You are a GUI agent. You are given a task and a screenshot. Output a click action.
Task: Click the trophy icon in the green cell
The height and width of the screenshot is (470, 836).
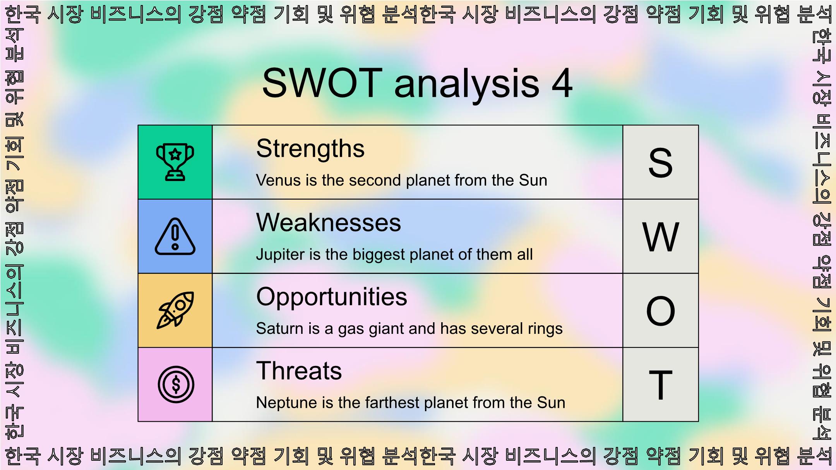(175, 162)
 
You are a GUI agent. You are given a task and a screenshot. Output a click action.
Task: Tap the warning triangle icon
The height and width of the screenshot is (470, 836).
(175, 236)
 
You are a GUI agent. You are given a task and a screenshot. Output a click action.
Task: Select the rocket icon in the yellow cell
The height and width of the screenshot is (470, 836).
(175, 310)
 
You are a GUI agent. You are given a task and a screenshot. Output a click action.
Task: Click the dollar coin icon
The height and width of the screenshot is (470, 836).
(176, 385)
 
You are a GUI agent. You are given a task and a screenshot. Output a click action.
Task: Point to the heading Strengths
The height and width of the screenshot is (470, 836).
(310, 149)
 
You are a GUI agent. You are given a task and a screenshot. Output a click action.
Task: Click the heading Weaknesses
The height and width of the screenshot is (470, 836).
(329, 223)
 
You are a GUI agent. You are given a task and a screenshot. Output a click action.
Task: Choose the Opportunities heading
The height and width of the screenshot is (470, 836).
(332, 297)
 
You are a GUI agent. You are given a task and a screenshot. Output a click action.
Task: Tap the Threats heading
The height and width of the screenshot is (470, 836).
(299, 371)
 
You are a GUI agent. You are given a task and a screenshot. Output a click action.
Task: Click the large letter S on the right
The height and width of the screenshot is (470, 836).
(661, 163)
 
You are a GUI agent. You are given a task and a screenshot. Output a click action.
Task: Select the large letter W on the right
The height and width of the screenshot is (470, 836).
(661, 237)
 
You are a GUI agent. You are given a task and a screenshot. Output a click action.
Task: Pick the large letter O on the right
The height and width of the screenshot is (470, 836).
(661, 311)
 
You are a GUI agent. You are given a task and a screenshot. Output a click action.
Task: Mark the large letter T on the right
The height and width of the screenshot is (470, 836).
(661, 385)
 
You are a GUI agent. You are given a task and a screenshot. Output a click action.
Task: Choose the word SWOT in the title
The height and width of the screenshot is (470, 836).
(322, 83)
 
